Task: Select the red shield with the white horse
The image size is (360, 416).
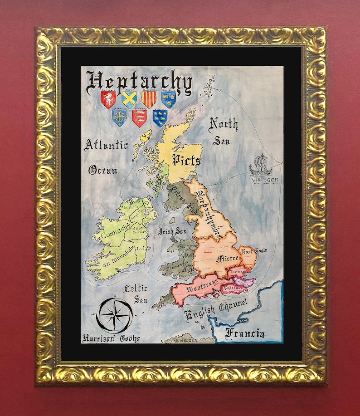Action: [x=108, y=99]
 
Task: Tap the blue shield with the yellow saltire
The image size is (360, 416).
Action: [x=129, y=99]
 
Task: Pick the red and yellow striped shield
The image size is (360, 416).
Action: [x=149, y=99]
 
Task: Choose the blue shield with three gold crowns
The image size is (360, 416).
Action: [x=169, y=99]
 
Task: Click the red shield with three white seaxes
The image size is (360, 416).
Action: [x=139, y=118]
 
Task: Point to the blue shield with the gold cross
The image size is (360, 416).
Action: [x=119, y=118]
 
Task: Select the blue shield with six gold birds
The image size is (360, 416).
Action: [x=160, y=118]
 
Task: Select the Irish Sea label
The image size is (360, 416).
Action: [x=173, y=231]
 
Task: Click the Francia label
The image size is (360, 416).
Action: [x=245, y=334]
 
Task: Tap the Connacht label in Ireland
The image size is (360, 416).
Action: [x=115, y=235]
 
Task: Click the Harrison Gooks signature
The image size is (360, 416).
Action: [x=111, y=338]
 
